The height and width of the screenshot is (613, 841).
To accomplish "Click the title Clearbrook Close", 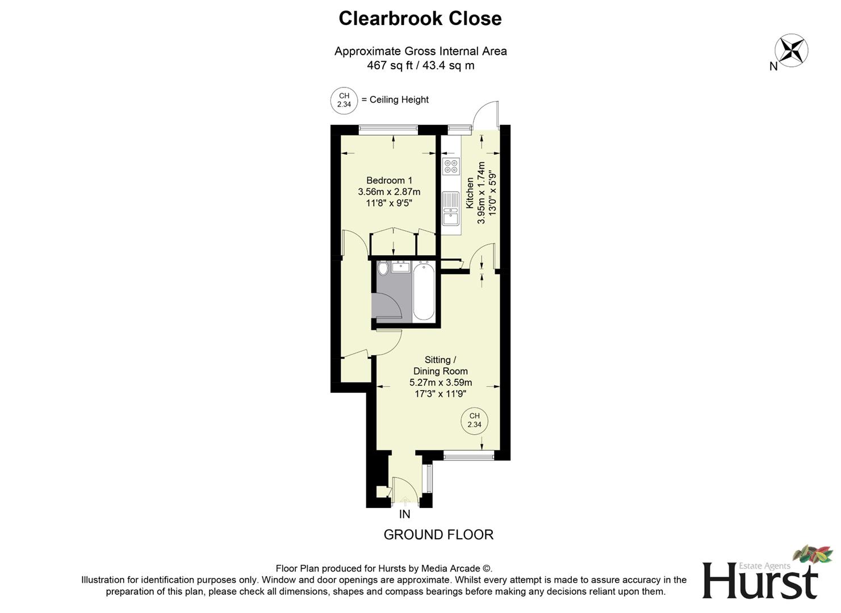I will pyautogui.click(x=420, y=18).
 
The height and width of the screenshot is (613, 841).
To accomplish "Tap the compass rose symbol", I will pyautogui.click(x=791, y=50).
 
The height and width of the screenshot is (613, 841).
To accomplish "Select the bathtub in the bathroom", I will pyautogui.click(x=424, y=292).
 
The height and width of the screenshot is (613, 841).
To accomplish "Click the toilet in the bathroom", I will pyautogui.click(x=383, y=268).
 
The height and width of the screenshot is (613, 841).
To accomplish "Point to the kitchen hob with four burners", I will pyautogui.click(x=451, y=166).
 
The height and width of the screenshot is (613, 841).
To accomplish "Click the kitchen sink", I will pyautogui.click(x=451, y=209).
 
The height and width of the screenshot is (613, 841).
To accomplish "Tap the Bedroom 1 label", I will pyautogui.click(x=389, y=180).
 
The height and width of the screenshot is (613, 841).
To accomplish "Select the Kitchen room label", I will pyautogui.click(x=470, y=193).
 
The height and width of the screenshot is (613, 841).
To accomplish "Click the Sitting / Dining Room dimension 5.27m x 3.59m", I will pyautogui.click(x=440, y=383).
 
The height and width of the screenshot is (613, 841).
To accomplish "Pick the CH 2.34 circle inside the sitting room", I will pyautogui.click(x=474, y=421).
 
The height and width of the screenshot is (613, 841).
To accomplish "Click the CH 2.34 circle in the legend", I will pyautogui.click(x=344, y=100).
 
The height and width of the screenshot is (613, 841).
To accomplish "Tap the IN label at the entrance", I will pyautogui.click(x=404, y=515).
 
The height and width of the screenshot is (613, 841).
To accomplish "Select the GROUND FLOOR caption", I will pyautogui.click(x=438, y=535).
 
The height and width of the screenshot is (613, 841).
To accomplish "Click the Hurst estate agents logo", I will pyautogui.click(x=764, y=576).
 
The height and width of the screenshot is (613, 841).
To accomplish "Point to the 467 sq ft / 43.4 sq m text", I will pyautogui.click(x=420, y=65).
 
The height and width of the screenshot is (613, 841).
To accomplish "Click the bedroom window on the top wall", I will pyautogui.click(x=388, y=129).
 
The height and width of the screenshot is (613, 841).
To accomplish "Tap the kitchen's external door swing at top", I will pyautogui.click(x=486, y=115).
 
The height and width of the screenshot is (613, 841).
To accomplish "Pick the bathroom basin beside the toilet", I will pyautogui.click(x=401, y=267).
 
